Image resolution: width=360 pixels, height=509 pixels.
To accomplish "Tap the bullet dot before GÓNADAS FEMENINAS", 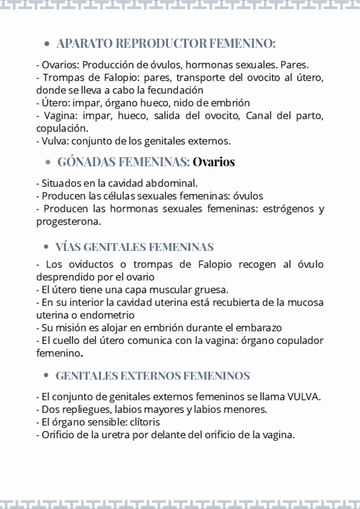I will point(49,162).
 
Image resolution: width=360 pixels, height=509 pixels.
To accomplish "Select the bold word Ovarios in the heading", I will point(214,162).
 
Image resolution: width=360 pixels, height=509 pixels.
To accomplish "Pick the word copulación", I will point(61,128).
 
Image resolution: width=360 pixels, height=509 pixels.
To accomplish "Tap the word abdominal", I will point(170,182).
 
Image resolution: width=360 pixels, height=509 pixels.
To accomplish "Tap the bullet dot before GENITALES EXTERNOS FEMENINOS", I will point(47,376).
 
